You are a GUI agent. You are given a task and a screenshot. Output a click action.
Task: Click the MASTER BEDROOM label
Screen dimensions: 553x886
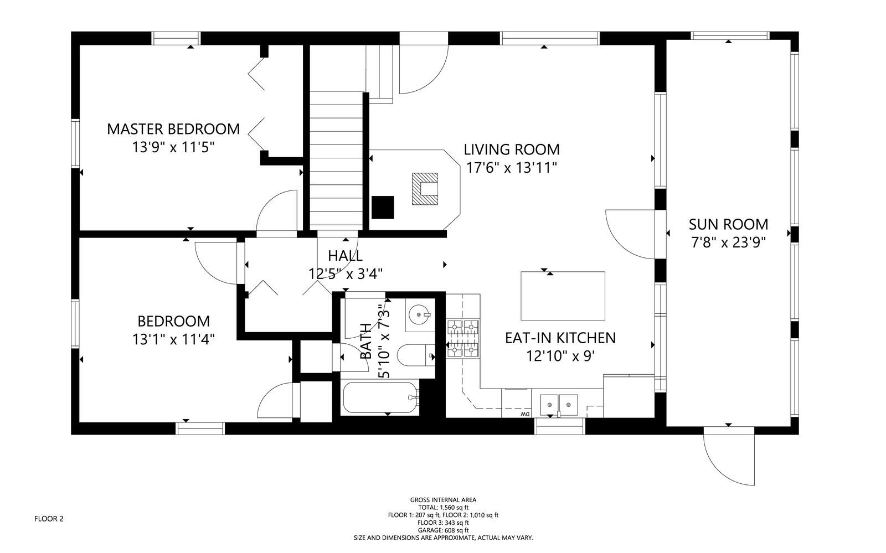(x=173, y=129)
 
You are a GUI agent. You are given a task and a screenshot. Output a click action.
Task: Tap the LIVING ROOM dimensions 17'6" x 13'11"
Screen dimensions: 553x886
(x=511, y=168)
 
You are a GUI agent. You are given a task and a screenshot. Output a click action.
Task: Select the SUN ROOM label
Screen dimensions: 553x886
(x=728, y=224)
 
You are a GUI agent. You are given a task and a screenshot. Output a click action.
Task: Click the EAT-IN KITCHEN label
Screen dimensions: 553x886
(x=560, y=338)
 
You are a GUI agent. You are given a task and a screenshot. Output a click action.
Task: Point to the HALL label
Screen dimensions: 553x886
(x=345, y=256)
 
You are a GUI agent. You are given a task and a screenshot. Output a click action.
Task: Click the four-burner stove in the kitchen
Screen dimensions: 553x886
(x=462, y=338)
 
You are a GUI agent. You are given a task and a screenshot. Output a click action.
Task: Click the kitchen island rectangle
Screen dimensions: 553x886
(x=563, y=296)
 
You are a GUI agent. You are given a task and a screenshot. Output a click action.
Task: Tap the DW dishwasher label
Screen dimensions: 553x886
(x=524, y=414)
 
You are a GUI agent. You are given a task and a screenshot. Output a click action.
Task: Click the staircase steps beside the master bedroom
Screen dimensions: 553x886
(x=336, y=161)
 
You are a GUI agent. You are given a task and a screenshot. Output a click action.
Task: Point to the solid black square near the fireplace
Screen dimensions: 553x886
(x=382, y=208)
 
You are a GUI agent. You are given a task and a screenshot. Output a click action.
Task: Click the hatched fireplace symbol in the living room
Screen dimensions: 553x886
(x=425, y=189)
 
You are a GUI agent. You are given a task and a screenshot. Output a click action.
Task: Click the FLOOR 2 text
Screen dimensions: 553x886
(x=49, y=519)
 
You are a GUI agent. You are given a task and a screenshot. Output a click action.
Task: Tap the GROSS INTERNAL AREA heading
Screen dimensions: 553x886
(x=443, y=499)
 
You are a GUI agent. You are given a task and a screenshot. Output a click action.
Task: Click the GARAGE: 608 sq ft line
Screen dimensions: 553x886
(x=443, y=530)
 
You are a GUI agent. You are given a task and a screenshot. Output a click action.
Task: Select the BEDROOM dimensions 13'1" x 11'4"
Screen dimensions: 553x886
(x=173, y=339)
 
